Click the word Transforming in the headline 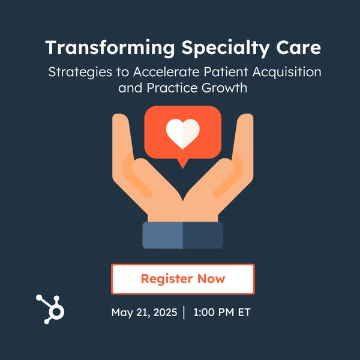pos(110,48)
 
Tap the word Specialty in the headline pos(226,48)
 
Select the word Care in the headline pos(298,47)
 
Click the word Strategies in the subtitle pos(80,72)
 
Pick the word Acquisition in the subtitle pos(287,72)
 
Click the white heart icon pos(183,134)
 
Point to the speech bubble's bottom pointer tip pos(183,169)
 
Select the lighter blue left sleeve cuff pos(163,235)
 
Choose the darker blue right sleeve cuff pos(203,235)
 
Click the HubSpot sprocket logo pos(50,309)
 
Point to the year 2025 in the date pos(165,312)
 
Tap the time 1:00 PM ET pos(222,312)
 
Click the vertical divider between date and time pos(184,312)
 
